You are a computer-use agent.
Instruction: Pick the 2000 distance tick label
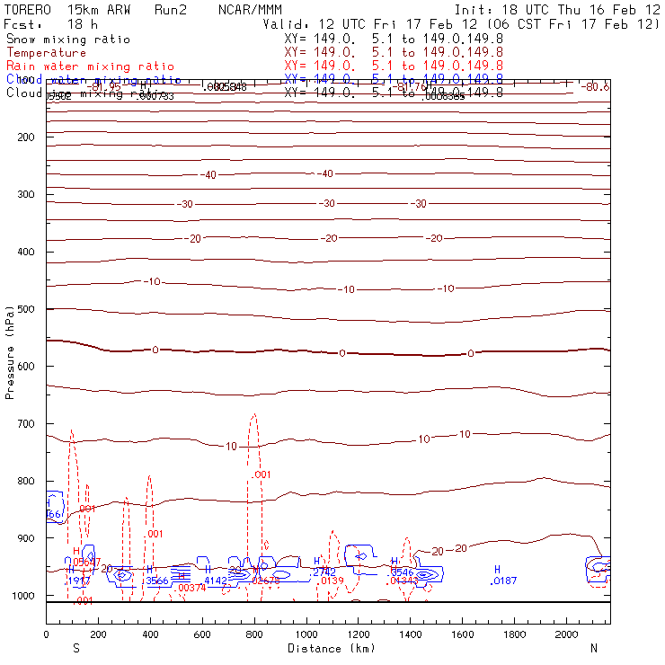(x=566, y=635)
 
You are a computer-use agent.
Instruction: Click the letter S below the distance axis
(x=76, y=648)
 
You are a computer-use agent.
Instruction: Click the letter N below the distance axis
(x=593, y=648)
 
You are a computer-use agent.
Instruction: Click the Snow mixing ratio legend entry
(x=67, y=40)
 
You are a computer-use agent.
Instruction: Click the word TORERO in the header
(x=27, y=10)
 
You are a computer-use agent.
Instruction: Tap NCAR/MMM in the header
(x=250, y=10)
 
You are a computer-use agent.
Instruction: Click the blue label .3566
(x=156, y=581)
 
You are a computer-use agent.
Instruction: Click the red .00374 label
(x=191, y=588)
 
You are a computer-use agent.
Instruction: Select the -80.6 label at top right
(x=595, y=87)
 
